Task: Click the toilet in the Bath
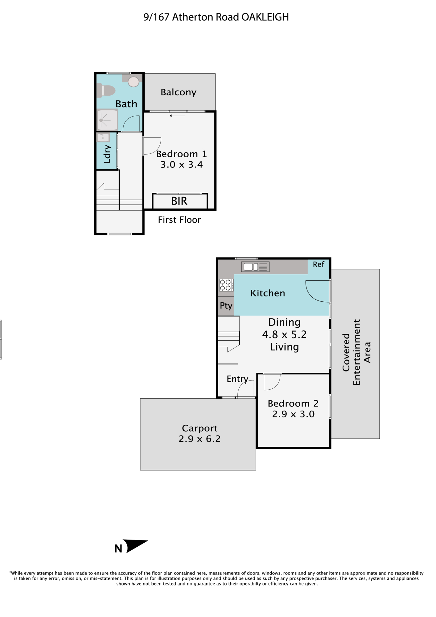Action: pyautogui.click(x=106, y=91)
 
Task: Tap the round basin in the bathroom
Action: pyautogui.click(x=134, y=82)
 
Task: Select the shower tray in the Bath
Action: pyautogui.click(x=107, y=120)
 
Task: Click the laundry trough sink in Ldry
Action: pyautogui.click(x=103, y=138)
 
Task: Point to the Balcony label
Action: pyautogui.click(x=179, y=92)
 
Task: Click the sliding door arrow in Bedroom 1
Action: pyautogui.click(x=178, y=116)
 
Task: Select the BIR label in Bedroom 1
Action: pyautogui.click(x=179, y=201)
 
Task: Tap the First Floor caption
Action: pyautogui.click(x=179, y=220)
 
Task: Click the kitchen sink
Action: pyautogui.click(x=255, y=267)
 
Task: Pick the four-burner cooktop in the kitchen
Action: pyautogui.click(x=226, y=285)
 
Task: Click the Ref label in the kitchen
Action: pyautogui.click(x=319, y=264)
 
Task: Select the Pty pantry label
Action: pyautogui.click(x=226, y=306)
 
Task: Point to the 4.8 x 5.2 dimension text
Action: pyautogui.click(x=284, y=334)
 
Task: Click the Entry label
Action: pyautogui.click(x=237, y=379)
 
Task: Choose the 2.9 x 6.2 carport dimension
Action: pyautogui.click(x=199, y=439)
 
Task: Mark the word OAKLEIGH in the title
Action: pyautogui.click(x=265, y=17)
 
